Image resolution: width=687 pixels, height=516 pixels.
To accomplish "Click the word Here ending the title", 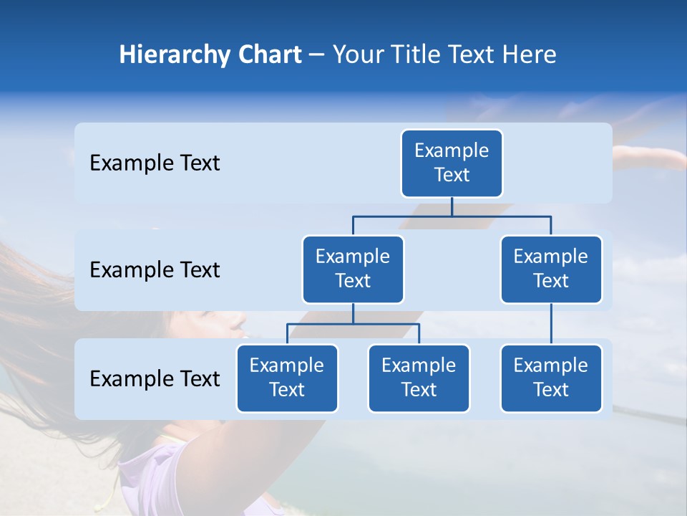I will [530, 55].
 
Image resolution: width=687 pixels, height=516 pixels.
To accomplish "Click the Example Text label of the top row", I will [155, 163].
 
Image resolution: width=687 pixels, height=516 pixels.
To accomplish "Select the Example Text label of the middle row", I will [155, 270].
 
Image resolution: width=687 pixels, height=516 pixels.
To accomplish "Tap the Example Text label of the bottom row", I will [155, 379].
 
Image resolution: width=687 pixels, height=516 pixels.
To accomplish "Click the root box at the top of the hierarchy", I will [452, 163].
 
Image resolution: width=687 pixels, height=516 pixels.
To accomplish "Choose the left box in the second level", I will [353, 269].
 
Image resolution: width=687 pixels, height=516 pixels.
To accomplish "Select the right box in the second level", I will [551, 269].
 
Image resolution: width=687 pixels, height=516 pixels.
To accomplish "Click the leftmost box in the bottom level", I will [287, 378].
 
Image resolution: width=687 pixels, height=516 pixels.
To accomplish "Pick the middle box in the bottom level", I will [419, 378].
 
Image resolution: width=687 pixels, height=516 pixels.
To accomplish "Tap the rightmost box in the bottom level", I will [551, 378].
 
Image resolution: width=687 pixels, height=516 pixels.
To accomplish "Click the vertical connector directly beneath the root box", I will [452, 206].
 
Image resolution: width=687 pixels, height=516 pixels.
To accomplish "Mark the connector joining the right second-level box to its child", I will [551, 324].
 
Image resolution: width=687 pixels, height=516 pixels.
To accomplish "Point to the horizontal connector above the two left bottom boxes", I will [353, 324].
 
